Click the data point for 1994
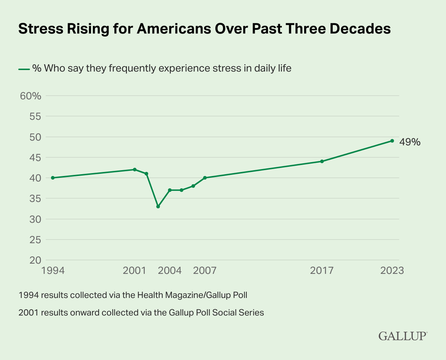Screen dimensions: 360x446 53,178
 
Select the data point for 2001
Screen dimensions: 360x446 135,169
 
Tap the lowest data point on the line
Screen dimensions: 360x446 158,206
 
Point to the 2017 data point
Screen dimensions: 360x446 322,161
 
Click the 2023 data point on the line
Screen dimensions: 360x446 392,141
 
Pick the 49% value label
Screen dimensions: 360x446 409,143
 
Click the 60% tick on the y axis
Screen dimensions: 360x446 31,96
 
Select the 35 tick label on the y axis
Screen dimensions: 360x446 35,199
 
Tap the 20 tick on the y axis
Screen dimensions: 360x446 35,260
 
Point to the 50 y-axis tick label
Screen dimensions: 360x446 35,137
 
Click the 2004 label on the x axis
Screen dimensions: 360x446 169,271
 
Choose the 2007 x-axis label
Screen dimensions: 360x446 205,271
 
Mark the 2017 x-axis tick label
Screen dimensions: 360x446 322,271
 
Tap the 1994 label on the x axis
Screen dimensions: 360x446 53,271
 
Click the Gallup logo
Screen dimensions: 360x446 403,336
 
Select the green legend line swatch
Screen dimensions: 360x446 24,69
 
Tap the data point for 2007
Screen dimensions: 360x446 205,178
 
